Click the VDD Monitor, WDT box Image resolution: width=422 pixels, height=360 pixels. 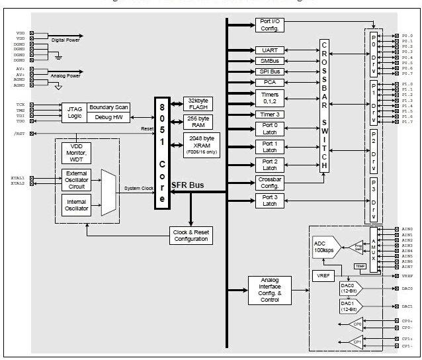pyautogui.click(x=76, y=154)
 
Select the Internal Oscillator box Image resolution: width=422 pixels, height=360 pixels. pyautogui.click(x=76, y=204)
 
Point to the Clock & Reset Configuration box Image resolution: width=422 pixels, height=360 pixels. pyautogui.click(x=191, y=235)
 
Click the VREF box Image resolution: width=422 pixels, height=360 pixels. pyautogui.click(x=323, y=275)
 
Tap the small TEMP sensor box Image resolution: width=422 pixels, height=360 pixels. pyautogui.click(x=360, y=265)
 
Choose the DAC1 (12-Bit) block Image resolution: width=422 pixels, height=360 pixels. pyautogui.click(x=349, y=306)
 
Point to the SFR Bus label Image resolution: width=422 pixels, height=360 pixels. pyautogui.click(x=188, y=185)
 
